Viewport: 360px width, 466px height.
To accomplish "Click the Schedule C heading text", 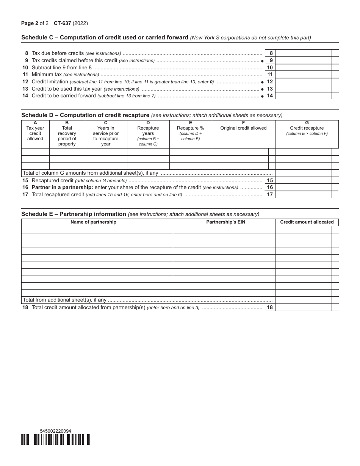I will coord(105,38).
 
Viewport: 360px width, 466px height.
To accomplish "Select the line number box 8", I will coord(270,53).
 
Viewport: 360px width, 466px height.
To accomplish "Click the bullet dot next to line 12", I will coord(262,82).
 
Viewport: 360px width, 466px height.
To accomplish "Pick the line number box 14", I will coord(270,96).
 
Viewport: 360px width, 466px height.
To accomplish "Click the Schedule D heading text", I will coord(85,115).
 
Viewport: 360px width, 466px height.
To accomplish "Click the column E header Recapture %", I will coord(190,128).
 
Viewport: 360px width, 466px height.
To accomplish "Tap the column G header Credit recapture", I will coord(307,128).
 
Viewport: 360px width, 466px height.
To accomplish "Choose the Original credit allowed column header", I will coord(243,128).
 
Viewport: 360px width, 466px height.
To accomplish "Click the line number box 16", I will coord(270,188).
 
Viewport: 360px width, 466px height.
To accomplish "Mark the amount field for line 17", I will coord(303,195).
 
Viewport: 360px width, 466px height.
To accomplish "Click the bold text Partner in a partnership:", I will coord(62,188).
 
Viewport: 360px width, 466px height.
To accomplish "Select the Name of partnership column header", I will coord(93,222).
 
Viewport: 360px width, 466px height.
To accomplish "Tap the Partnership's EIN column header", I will coord(225,222).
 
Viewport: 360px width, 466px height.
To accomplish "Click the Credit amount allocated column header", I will coord(307,222).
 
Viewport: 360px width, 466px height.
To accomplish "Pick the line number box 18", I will coord(270,308).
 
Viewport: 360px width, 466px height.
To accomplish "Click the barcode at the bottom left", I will coord(56,439).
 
